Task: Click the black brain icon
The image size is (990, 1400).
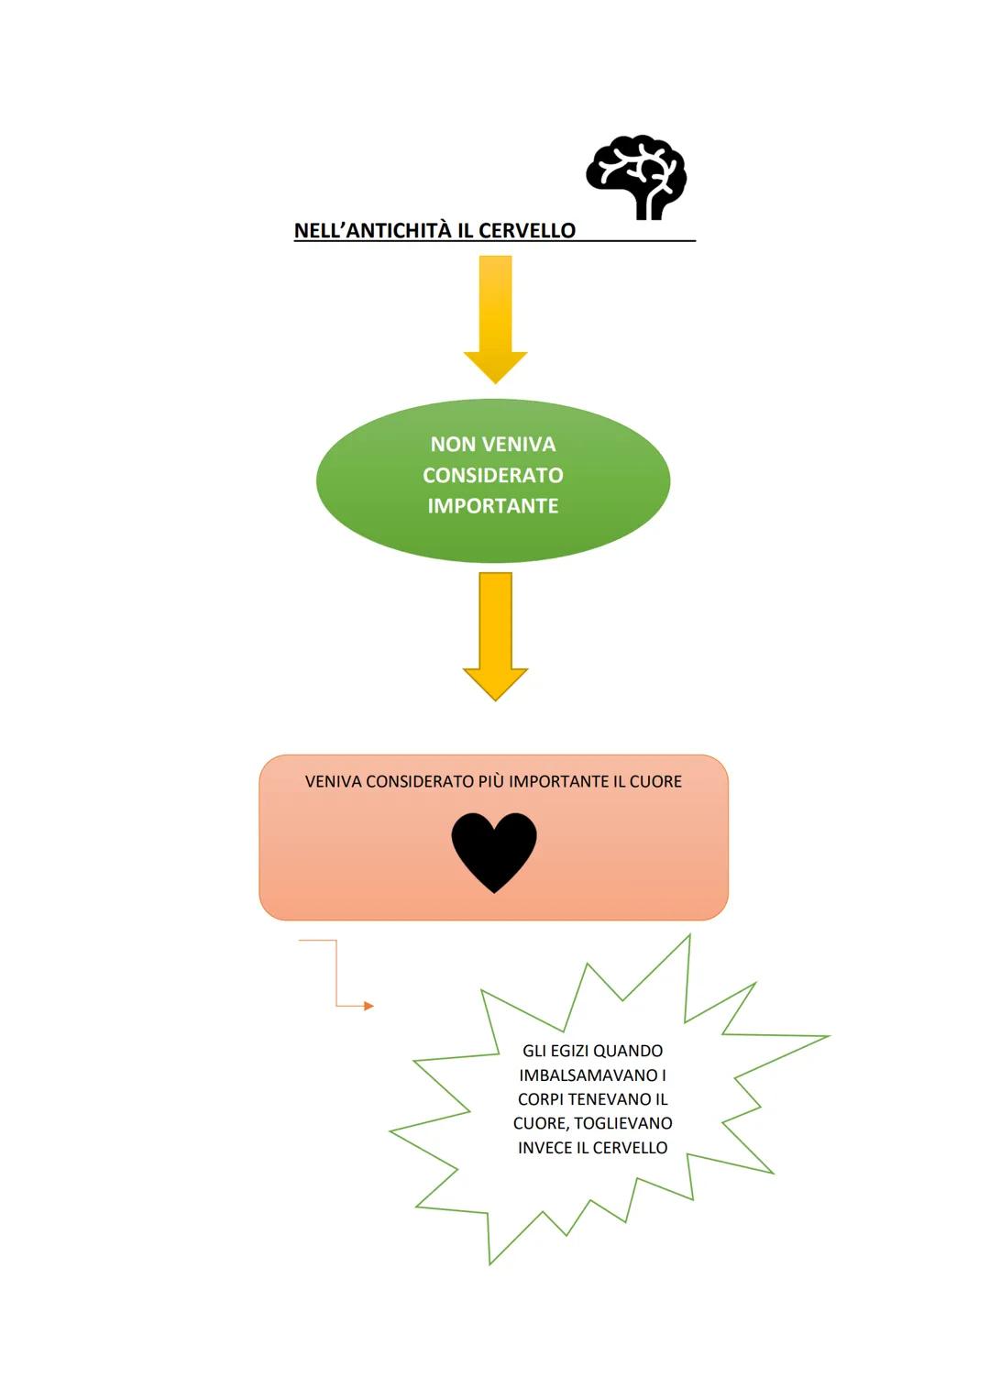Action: click(636, 179)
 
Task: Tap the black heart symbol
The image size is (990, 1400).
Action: click(494, 851)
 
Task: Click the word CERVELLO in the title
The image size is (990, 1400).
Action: click(526, 231)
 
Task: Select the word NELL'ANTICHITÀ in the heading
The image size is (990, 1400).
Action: click(372, 231)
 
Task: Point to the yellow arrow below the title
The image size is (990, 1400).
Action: click(495, 317)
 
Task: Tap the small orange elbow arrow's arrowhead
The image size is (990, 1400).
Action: click(368, 1006)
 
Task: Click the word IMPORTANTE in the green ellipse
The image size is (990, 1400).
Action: click(493, 506)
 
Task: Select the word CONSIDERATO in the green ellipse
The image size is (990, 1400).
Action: click(493, 475)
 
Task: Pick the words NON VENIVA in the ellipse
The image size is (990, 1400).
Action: click(493, 445)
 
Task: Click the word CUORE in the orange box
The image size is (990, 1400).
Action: click(655, 782)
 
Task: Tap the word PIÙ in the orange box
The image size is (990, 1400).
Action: click(490, 782)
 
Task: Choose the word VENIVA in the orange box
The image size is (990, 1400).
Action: click(333, 782)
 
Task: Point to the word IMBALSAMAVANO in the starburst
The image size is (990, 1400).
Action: click(588, 1075)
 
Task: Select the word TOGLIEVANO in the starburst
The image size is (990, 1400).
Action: click(623, 1123)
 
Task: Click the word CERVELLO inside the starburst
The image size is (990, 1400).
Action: click(630, 1148)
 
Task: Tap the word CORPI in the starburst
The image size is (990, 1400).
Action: click(543, 1099)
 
